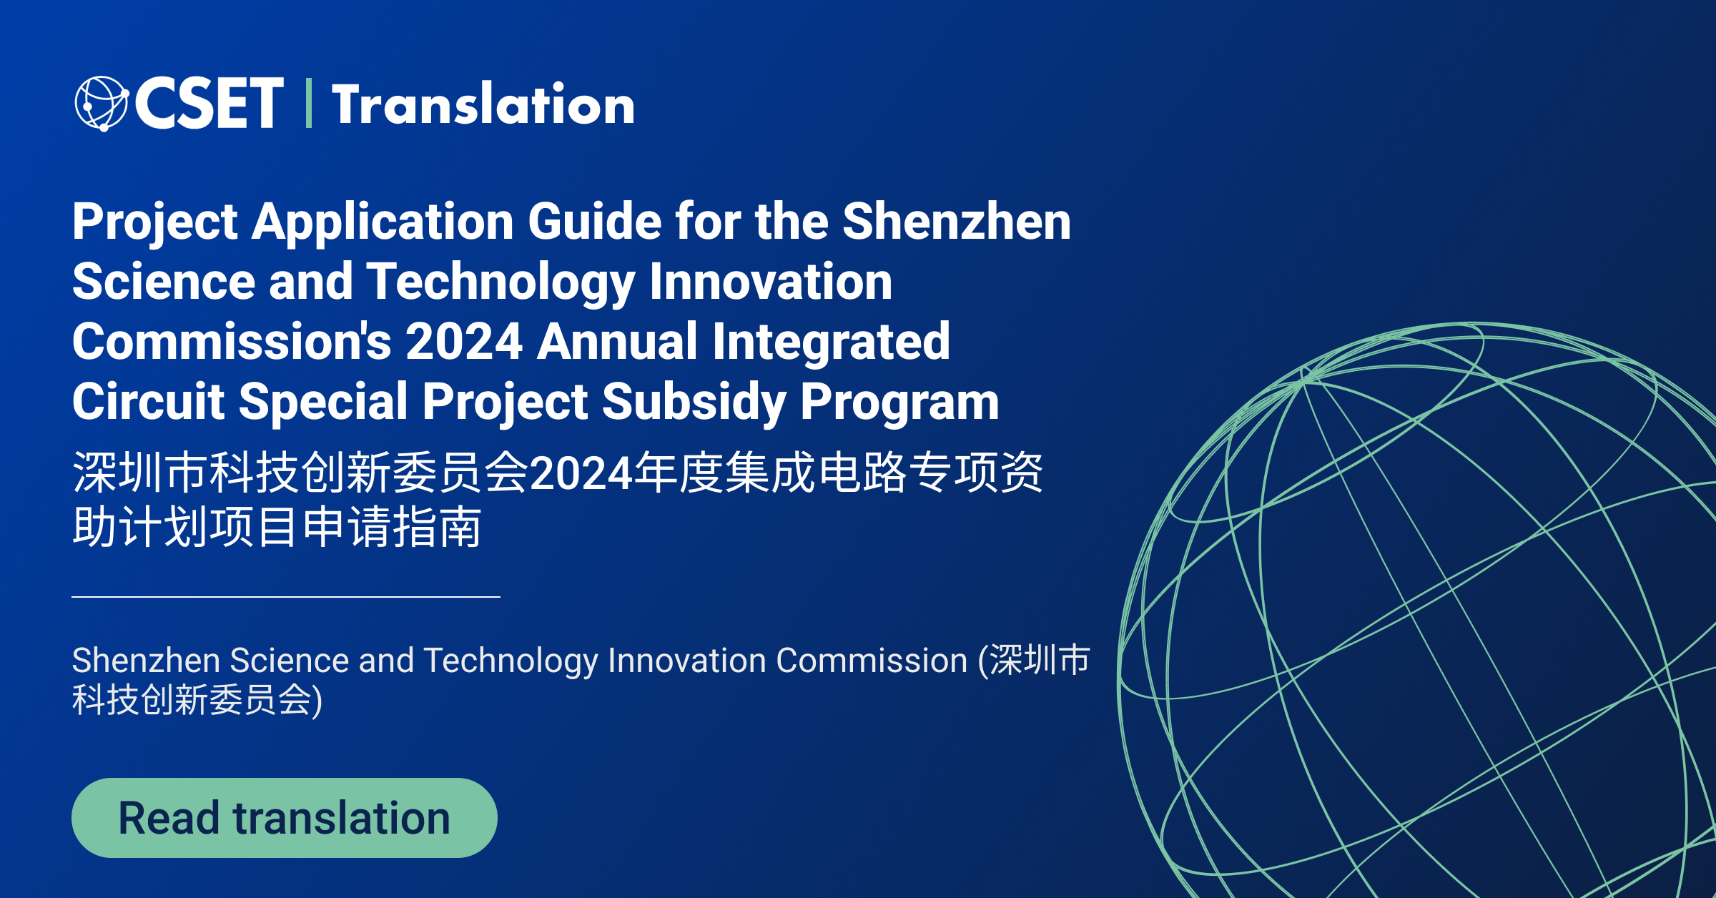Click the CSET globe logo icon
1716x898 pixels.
pos(102,104)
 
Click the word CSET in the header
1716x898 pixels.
pos(209,104)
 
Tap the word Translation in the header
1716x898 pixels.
pos(483,104)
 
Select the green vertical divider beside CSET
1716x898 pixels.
pos(309,103)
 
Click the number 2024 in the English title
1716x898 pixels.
pos(464,341)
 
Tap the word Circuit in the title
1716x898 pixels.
pos(149,401)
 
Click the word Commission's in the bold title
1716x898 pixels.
pos(232,341)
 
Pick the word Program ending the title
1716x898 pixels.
pos(899,403)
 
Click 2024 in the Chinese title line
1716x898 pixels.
pos(581,473)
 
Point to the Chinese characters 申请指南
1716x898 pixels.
pos(393,527)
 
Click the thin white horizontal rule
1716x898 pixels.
pos(286,596)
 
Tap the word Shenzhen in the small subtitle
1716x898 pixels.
pos(146,661)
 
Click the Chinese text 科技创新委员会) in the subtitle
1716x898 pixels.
pos(197,700)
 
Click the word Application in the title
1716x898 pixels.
pos(383,222)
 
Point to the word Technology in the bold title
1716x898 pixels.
pos(500,282)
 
